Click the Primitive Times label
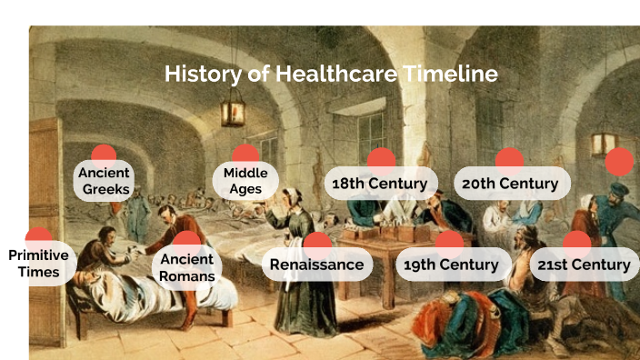(x=38, y=264)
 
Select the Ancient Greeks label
(x=104, y=181)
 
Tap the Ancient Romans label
(x=186, y=268)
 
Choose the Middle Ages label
(x=245, y=181)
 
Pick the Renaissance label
(x=317, y=265)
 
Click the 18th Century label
(x=380, y=184)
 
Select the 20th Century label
(x=510, y=184)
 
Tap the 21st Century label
(x=584, y=265)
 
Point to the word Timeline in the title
(x=449, y=74)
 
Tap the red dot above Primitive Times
(x=38, y=237)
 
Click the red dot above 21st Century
(x=577, y=242)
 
